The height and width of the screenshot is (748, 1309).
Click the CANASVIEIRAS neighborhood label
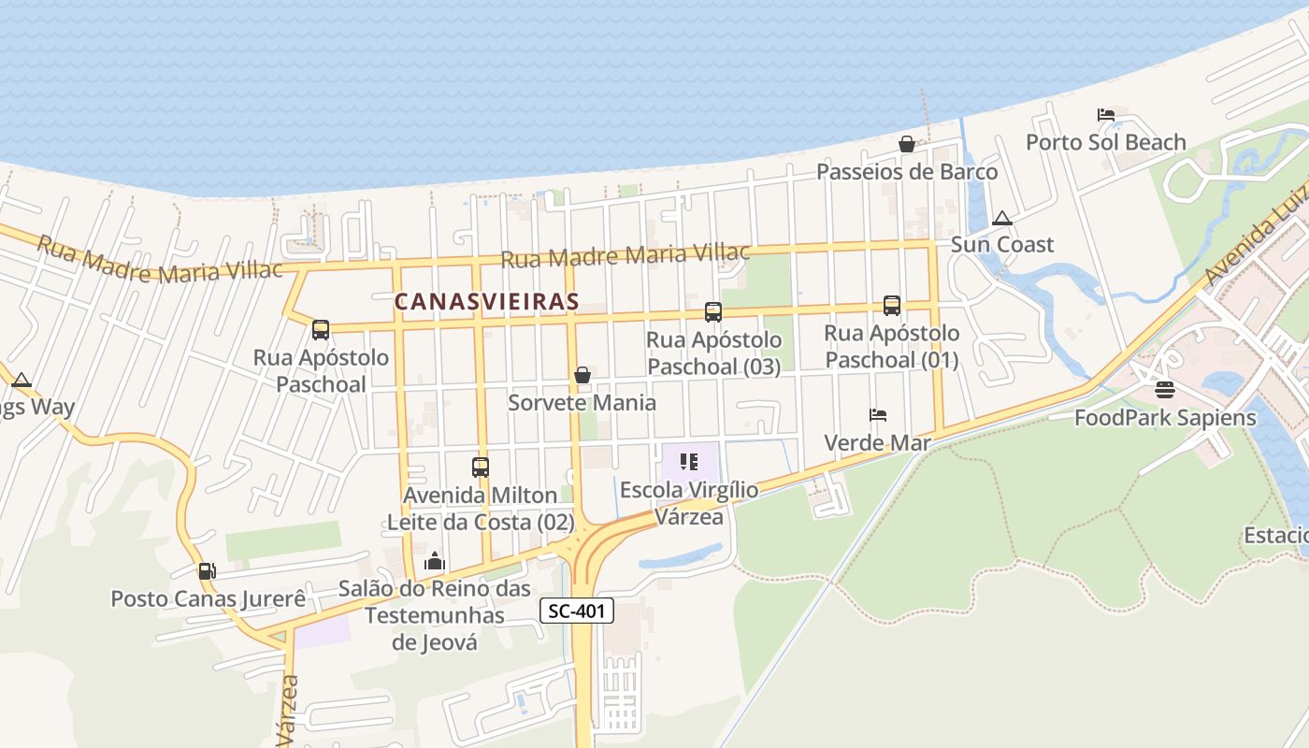coord(486,302)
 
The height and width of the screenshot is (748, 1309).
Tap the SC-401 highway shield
coord(578,611)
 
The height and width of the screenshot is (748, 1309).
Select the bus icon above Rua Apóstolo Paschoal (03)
coord(713,312)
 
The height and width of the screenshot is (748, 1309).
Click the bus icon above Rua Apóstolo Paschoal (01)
coord(892,306)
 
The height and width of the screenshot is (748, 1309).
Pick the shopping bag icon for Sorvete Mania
coord(583,375)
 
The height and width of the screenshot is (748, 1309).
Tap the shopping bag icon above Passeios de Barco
coord(906,144)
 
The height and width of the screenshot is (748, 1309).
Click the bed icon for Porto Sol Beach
coord(1106,115)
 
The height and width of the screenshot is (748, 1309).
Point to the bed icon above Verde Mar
coord(877,414)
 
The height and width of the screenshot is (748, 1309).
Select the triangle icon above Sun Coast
coord(1002,219)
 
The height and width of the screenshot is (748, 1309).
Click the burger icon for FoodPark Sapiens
coord(1164,390)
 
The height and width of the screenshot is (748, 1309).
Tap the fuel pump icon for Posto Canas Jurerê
coord(207,570)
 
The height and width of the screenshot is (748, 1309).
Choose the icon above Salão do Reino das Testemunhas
coord(435,561)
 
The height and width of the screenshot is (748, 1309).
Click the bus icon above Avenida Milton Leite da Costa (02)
coord(481,467)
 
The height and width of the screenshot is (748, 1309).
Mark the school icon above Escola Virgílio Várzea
coord(690,462)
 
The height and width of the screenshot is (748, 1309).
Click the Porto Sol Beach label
coord(1106,142)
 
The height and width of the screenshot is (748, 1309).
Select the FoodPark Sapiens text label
coord(1165,417)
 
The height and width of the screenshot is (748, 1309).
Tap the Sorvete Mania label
coord(582,403)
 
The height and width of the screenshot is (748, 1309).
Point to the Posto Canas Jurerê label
coord(209,598)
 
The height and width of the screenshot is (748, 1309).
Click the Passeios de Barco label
coord(907,172)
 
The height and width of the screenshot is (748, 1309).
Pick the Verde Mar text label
coord(877,442)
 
